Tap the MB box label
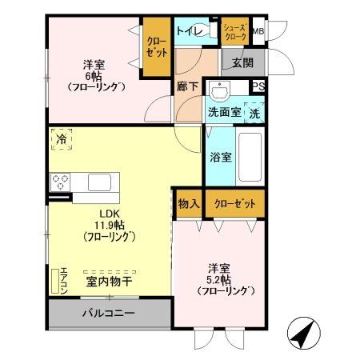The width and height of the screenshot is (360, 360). [258, 32]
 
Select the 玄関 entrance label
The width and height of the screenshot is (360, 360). [242, 62]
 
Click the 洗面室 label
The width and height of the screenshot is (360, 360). [223, 112]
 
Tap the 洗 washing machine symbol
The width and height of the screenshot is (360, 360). [254, 113]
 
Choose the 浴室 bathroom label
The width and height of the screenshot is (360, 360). [222, 157]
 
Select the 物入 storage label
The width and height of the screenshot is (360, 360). [189, 204]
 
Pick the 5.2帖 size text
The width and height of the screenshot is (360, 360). [218, 280]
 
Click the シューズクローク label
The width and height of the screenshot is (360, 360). [234, 33]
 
